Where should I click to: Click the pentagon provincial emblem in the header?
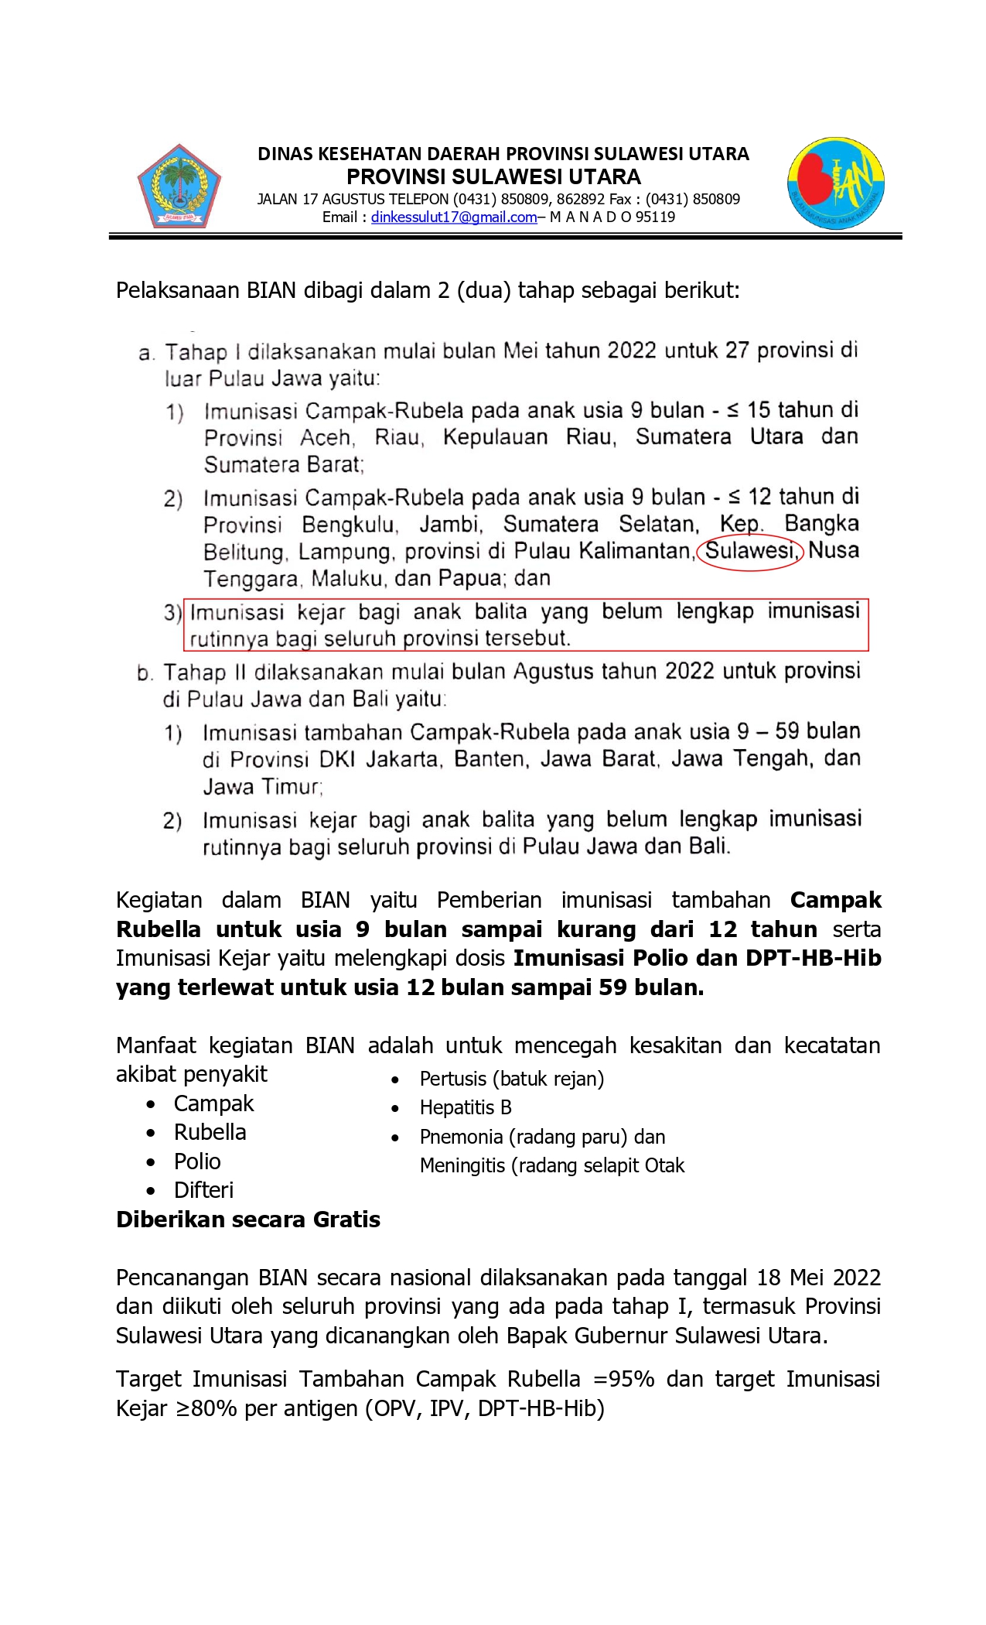(179, 186)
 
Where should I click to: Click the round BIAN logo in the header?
(836, 184)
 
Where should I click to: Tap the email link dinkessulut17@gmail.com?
(453, 217)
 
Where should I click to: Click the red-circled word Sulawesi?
(750, 552)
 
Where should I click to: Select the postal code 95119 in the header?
(655, 217)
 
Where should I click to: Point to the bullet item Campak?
(213, 1103)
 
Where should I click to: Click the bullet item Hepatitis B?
(466, 1107)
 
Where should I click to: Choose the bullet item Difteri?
(203, 1190)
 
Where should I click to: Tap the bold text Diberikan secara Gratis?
(248, 1220)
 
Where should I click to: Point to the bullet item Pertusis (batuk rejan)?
(511, 1079)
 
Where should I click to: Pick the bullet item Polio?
(197, 1161)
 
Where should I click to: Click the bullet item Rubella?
(210, 1132)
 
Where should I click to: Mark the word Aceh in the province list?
(326, 438)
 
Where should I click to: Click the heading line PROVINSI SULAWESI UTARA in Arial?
(493, 177)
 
